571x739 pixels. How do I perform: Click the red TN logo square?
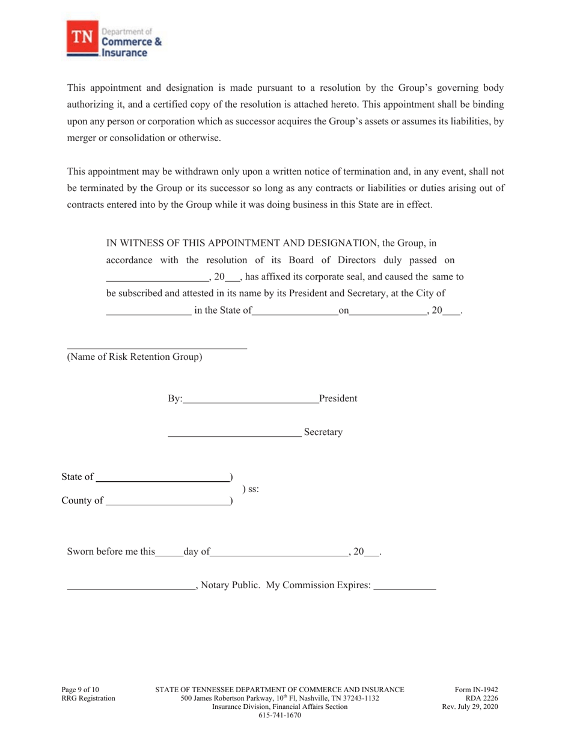coord(81,38)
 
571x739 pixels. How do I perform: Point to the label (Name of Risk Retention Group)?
coord(134,357)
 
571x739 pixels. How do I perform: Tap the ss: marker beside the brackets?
coord(251,489)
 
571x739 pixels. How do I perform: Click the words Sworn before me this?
coord(111,552)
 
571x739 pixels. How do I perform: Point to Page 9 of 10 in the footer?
coord(81,690)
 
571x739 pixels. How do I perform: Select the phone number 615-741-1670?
coord(279,715)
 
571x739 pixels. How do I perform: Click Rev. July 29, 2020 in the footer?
coord(470,707)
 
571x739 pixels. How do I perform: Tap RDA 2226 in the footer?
coord(481,698)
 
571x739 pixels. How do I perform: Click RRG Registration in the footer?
coord(88,698)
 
